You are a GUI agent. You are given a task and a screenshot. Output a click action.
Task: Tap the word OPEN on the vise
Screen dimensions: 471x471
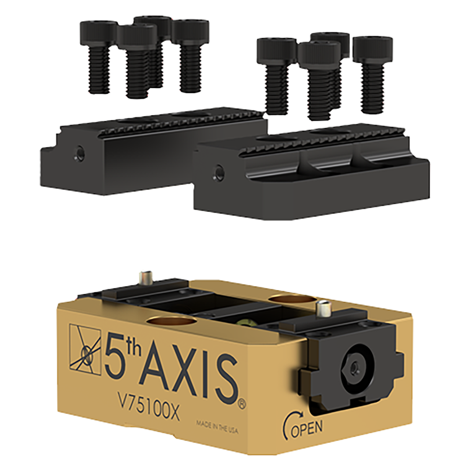click(x=306, y=428)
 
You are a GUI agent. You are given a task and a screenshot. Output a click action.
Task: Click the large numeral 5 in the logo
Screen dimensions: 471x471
click(x=115, y=353)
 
